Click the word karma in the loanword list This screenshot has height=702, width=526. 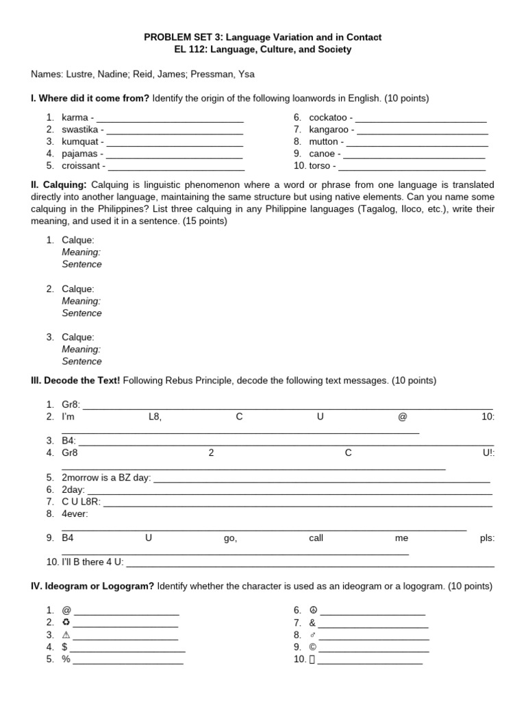pos(75,117)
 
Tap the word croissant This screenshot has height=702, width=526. pos(82,165)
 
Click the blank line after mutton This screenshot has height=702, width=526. pos(417,142)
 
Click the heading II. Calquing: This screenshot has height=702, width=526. pos(58,185)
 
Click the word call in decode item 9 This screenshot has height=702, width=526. pos(316,538)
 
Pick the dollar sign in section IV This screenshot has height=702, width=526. pos(64,646)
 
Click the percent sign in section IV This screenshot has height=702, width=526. pos(66,659)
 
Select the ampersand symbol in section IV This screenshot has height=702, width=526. pos(312,622)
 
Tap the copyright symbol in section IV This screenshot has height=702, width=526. pos(313,646)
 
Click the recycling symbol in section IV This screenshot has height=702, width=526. pos(66,622)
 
